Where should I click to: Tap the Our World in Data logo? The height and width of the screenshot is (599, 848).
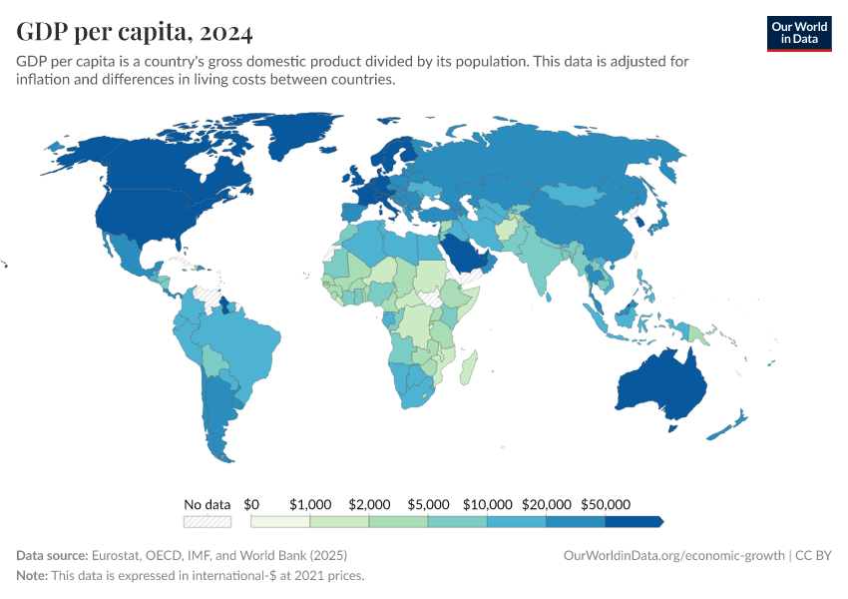click(798, 33)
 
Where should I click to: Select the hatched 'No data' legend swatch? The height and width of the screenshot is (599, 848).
click(208, 521)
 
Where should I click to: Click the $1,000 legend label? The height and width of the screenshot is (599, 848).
click(309, 504)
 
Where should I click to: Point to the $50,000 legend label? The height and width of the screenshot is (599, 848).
click(606, 504)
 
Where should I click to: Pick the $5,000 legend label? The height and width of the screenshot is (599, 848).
click(428, 504)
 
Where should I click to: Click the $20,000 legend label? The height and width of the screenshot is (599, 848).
click(547, 504)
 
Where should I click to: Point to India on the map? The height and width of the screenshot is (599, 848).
click(545, 265)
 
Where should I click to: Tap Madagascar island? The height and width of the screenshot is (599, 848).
click(468, 368)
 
